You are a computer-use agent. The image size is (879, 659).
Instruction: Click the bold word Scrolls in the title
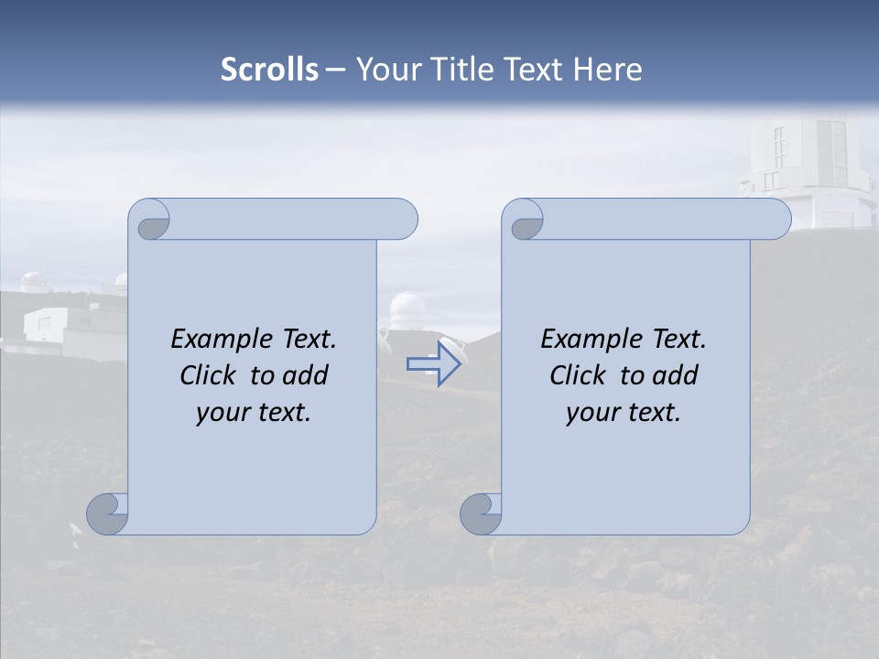pos(270,70)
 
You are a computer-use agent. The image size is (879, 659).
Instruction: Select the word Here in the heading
pos(608,70)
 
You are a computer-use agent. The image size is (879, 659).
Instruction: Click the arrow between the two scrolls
pos(433,364)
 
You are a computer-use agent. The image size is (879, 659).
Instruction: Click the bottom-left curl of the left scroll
pos(106,513)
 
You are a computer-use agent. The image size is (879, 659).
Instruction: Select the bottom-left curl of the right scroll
pos(480,513)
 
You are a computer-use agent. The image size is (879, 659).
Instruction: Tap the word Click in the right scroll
pos(578,375)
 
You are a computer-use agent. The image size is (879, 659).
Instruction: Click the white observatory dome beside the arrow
pos(406,312)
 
